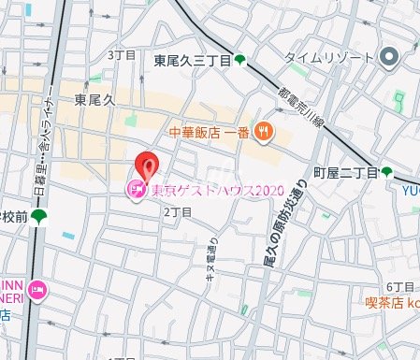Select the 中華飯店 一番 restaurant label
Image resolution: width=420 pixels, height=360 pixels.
[210, 133]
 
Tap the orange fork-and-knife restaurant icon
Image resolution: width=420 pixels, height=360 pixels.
[265, 133]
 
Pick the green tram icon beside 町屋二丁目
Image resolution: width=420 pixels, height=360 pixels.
[386, 172]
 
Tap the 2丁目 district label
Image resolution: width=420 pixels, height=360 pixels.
[177, 212]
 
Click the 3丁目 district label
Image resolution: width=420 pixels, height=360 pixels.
[122, 55]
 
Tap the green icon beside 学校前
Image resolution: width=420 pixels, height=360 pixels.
[38, 217]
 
